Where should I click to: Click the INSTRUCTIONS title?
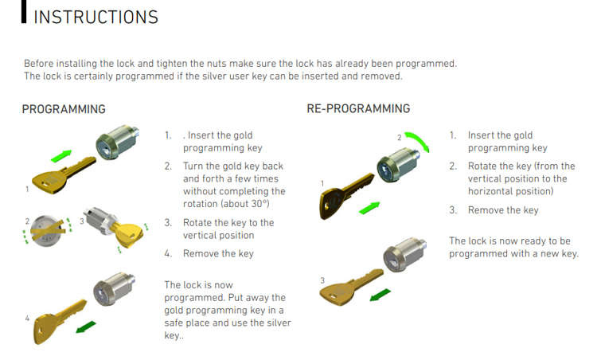(x=96, y=18)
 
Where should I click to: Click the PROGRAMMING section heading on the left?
(x=64, y=109)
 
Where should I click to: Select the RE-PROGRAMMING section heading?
(x=358, y=108)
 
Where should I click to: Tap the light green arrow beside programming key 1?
(x=61, y=155)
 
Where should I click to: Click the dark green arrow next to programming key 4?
(x=86, y=327)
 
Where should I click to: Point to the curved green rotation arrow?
(x=418, y=141)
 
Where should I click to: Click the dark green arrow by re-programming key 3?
(x=380, y=295)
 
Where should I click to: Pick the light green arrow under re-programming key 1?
(x=369, y=208)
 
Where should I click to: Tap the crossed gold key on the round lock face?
(x=47, y=229)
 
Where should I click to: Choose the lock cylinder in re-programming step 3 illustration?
(x=404, y=253)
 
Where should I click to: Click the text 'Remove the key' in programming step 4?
(x=218, y=253)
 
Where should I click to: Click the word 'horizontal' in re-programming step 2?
(x=490, y=191)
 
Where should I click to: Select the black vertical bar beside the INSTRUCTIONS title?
(x=24, y=11)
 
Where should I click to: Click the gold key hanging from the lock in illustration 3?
(x=128, y=233)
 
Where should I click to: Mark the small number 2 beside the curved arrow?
(x=400, y=138)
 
